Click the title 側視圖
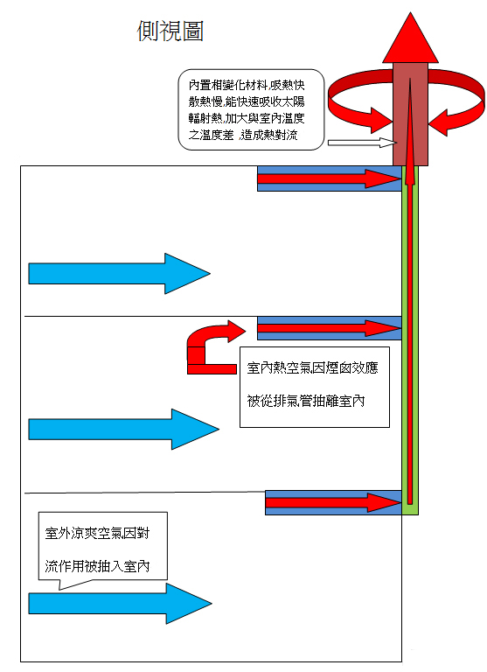(x=170, y=31)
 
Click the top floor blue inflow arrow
(x=119, y=273)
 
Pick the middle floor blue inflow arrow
(x=122, y=428)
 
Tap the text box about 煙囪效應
(x=314, y=385)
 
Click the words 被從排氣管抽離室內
(x=305, y=403)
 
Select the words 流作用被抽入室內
(x=97, y=566)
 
